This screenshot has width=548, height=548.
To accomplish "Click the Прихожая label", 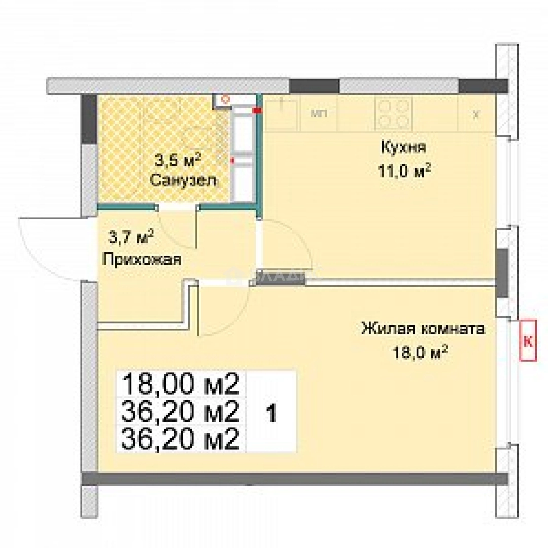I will tap(142, 260).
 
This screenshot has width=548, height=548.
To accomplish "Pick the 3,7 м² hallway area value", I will tap(131, 236).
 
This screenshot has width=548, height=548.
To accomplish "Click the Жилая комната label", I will tap(422, 329).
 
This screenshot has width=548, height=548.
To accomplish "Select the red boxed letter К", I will tap(527, 341).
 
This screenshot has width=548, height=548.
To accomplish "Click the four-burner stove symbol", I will tap(392, 114).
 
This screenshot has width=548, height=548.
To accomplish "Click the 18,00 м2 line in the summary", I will tap(181, 384).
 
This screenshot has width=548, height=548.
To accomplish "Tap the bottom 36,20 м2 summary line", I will tap(181, 439).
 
